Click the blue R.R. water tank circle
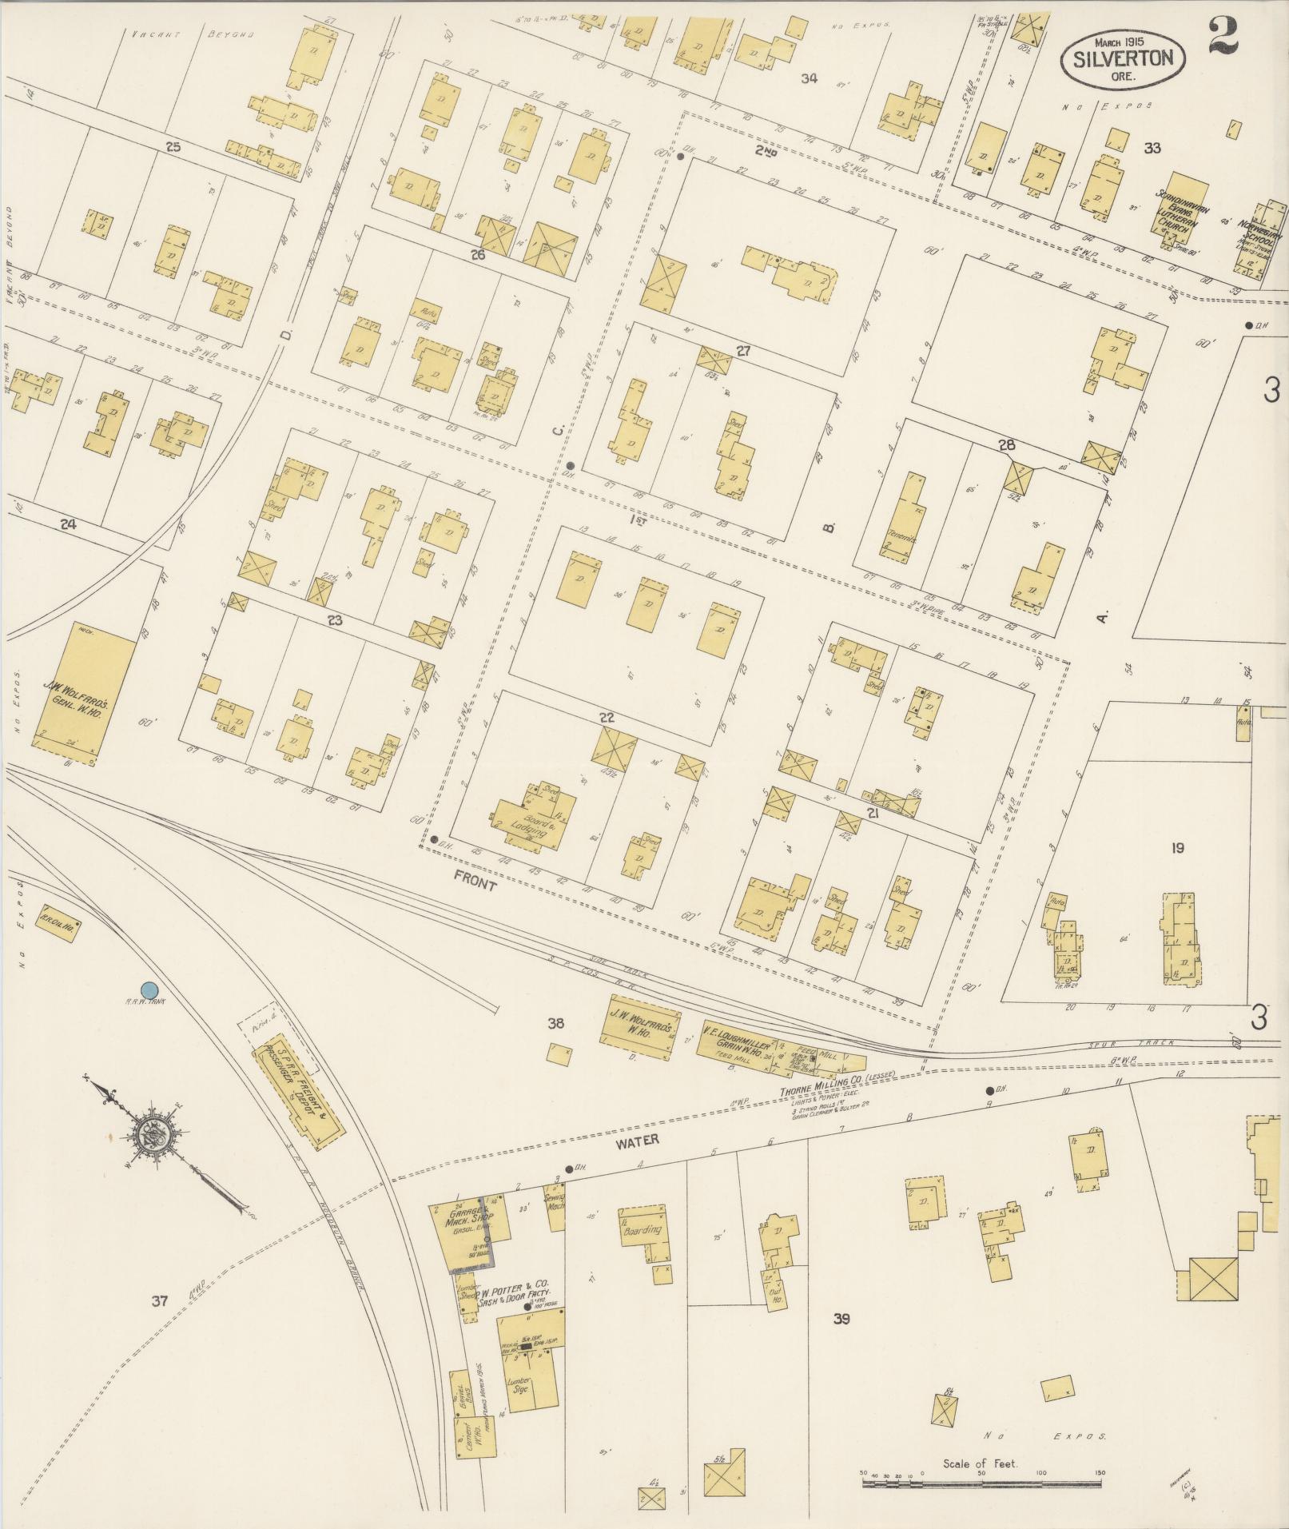point(149,990)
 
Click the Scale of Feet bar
point(981,1483)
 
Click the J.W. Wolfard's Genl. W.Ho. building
point(83,688)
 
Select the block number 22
point(607,717)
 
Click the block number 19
point(1176,848)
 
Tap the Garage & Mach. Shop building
point(460,1235)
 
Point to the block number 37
point(160,1301)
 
